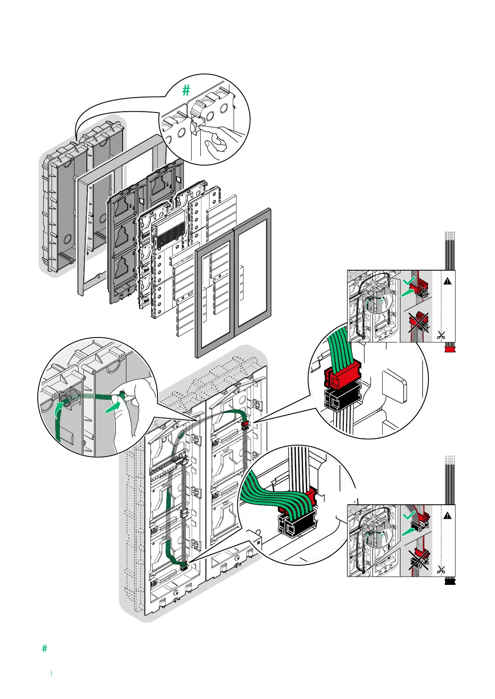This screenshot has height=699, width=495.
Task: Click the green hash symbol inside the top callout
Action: pos(186,90)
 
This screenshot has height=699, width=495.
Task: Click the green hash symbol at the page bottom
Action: pos(44,648)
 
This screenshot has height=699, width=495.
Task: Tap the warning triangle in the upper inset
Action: pos(447,281)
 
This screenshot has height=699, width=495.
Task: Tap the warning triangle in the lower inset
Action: pos(447,516)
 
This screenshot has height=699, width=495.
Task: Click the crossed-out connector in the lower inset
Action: pos(419,557)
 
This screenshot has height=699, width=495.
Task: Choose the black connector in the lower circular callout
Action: pos(296,524)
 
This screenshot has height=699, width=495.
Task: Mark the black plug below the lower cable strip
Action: pos(450,582)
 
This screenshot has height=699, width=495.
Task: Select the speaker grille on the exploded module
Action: pos(170,234)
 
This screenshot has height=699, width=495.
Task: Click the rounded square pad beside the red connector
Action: pos(393,386)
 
